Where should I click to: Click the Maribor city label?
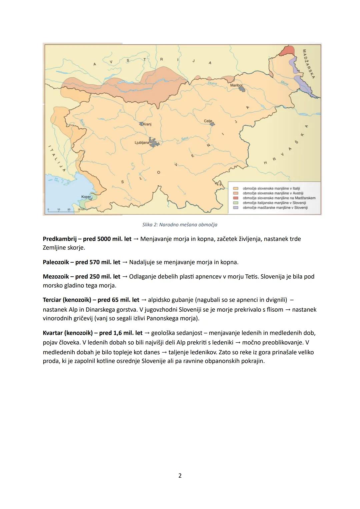coord(236,85)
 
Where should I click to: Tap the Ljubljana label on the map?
coord(142,142)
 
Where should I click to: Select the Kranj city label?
coord(147,124)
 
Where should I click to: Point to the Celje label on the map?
coord(208,121)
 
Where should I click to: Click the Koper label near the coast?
coord(86,197)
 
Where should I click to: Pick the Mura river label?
coord(284,82)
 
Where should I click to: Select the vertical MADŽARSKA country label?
coord(308,64)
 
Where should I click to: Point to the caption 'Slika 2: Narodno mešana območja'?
coord(180,225)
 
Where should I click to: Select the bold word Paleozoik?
coord(56,262)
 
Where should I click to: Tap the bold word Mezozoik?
coord(56,277)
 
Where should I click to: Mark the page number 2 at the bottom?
coord(180,476)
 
